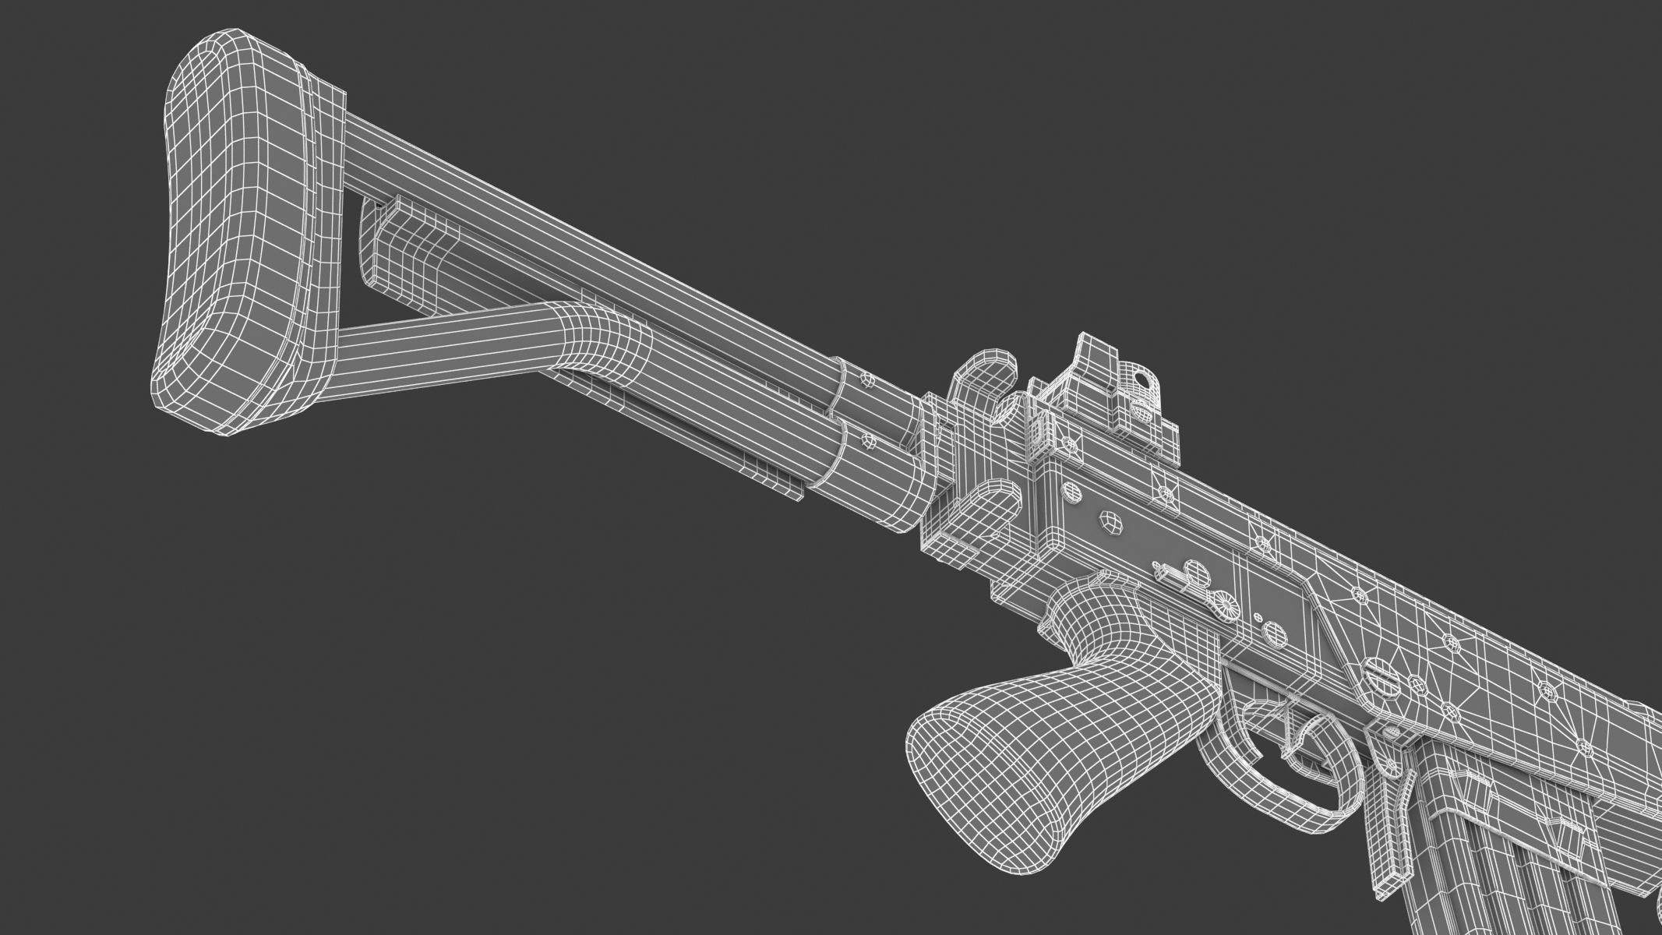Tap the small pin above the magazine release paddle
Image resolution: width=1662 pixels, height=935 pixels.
tap(1391, 736)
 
